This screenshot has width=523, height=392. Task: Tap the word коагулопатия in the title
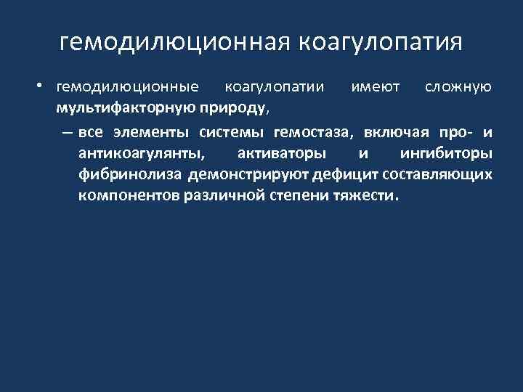[379, 42]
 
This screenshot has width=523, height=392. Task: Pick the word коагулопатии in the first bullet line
[275, 87]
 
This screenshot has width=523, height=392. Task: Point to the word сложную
[458, 87]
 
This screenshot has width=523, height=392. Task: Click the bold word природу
[234, 109]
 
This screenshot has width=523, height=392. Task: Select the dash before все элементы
[67, 132]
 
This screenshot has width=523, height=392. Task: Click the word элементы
[153, 132]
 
